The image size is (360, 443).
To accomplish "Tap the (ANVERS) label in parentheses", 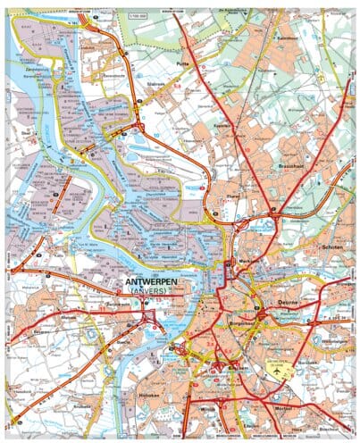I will pos(149,292).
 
